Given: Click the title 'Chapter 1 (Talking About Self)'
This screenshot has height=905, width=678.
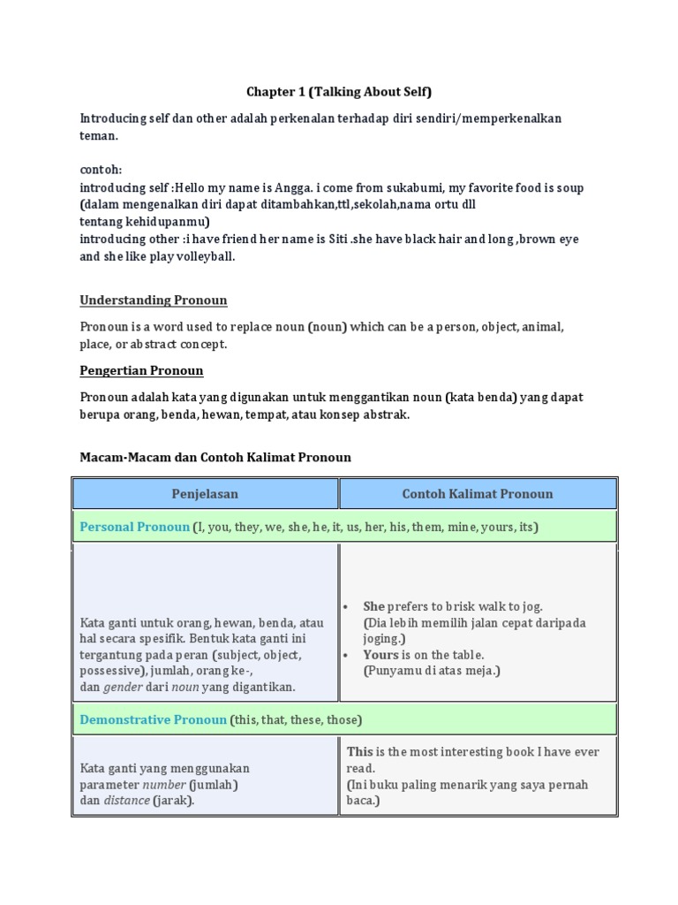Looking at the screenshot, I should tap(338, 92).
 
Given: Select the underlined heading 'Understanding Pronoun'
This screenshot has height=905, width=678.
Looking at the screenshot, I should tap(154, 300).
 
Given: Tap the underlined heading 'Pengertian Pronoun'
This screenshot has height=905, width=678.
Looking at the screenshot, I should tap(141, 370).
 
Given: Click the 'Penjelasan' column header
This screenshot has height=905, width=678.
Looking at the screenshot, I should tap(205, 494).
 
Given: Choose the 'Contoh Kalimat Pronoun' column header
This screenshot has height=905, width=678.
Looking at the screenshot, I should tap(478, 494).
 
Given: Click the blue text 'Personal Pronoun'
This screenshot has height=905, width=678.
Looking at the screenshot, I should tap(134, 527).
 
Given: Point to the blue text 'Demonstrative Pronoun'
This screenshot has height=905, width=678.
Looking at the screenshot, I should tap(153, 719).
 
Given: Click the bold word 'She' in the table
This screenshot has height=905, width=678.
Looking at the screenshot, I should tap(374, 606).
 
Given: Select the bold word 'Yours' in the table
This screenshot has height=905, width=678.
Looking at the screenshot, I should tap(380, 655).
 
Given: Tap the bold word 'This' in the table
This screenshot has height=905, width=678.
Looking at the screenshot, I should tap(360, 752).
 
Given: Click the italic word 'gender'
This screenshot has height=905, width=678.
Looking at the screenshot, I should tap(123, 687).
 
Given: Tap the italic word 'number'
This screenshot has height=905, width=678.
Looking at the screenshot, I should tap(165, 785).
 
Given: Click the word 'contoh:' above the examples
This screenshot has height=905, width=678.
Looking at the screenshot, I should tap(101, 170).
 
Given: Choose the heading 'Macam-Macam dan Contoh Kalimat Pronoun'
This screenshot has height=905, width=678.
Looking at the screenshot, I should tap(215, 457).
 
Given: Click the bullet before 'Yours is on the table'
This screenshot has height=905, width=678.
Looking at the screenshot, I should tap(350, 655).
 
